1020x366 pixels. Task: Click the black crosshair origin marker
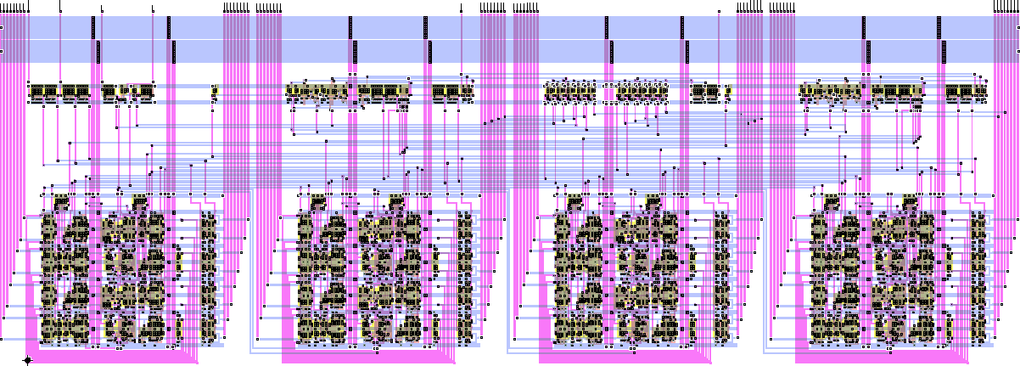pos(27,360)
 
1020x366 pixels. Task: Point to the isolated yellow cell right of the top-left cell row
pos(214,91)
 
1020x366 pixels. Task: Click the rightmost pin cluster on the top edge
pos(1005,8)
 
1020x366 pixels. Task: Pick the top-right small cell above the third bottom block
pos(653,201)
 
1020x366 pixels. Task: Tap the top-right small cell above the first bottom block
pos(139,201)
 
